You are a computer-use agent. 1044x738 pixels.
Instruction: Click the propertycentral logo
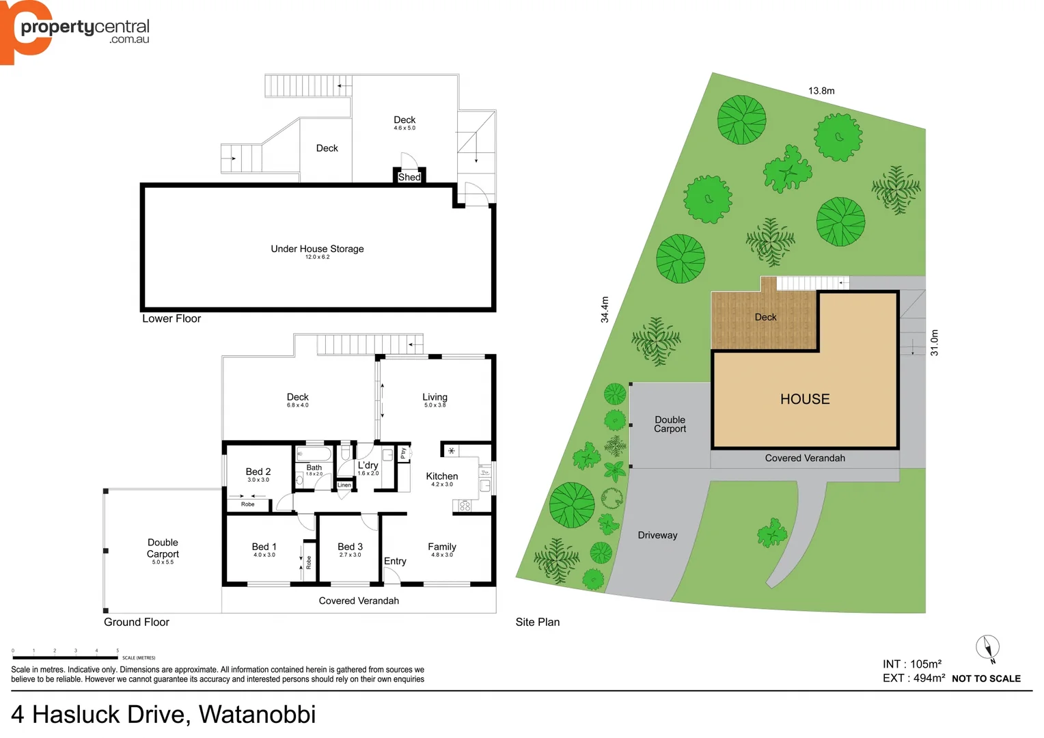[x=75, y=31]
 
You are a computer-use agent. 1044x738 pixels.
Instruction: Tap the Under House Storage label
[x=317, y=249]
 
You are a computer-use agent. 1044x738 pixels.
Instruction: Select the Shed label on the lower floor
[x=409, y=177]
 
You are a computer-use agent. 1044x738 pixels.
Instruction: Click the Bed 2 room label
[x=258, y=471]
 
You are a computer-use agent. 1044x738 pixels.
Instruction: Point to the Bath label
[x=314, y=467]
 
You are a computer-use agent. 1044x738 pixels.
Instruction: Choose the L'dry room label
[x=368, y=465]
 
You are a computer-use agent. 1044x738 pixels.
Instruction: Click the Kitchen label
[x=442, y=476]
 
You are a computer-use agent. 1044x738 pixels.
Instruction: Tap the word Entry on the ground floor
[x=395, y=561]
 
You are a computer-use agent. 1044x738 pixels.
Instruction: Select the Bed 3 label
[x=350, y=547]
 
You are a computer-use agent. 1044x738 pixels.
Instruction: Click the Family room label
[x=442, y=547]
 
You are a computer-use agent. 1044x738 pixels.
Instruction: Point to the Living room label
[x=435, y=397]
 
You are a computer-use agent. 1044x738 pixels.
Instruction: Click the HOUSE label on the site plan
[x=805, y=399]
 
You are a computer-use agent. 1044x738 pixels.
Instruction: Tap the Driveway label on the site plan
[x=657, y=535]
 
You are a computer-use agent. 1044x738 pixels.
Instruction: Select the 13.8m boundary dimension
[x=821, y=91]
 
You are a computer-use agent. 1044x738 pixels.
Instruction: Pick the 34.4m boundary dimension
[x=605, y=310]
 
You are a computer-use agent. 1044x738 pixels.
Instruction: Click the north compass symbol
[x=988, y=648]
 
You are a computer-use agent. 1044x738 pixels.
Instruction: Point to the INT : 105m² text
[x=912, y=664]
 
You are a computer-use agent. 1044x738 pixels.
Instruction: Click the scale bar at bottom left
[x=66, y=657]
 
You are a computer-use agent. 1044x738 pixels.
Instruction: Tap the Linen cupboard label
[x=344, y=485]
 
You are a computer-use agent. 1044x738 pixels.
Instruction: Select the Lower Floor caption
[x=171, y=318]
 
